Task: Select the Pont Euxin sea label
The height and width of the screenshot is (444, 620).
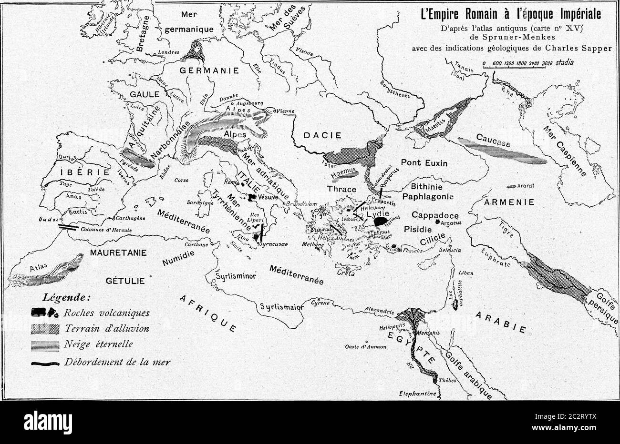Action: tap(424, 163)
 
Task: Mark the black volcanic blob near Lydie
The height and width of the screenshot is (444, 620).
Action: tap(381, 221)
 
